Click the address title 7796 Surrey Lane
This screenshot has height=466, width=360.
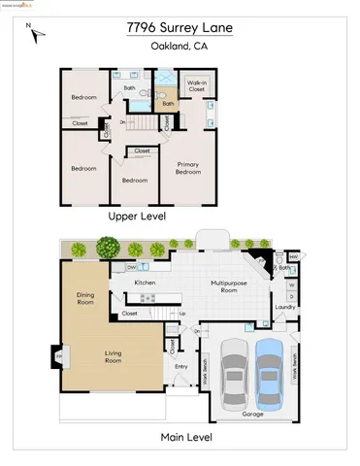click(x=179, y=28)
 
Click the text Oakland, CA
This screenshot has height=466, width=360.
click(x=179, y=46)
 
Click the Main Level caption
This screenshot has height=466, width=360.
click(x=180, y=437)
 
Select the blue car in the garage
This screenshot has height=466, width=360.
click(x=270, y=374)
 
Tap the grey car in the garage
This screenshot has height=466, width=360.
click(x=233, y=375)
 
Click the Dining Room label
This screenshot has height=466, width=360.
click(x=85, y=299)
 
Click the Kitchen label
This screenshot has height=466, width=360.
click(x=146, y=283)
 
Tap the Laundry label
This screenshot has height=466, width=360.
click(x=284, y=308)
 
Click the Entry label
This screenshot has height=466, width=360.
click(x=181, y=366)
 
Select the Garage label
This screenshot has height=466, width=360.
click(x=251, y=414)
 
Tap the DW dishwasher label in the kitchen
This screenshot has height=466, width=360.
click(x=131, y=266)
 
